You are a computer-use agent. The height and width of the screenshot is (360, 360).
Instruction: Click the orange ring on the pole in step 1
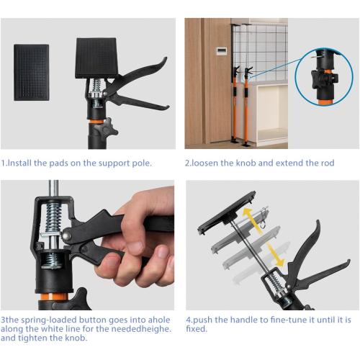tap(94, 115)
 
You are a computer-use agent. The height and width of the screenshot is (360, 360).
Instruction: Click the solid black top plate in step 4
tap(226, 212)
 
